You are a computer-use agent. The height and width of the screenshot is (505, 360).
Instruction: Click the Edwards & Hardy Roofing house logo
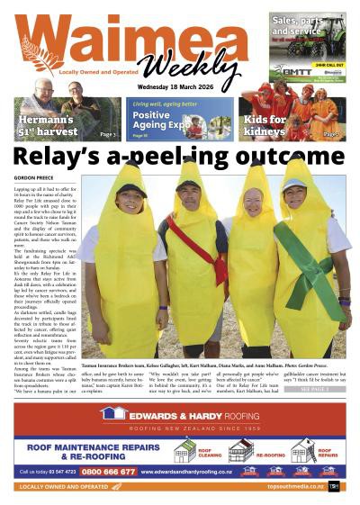coord(114,412)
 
